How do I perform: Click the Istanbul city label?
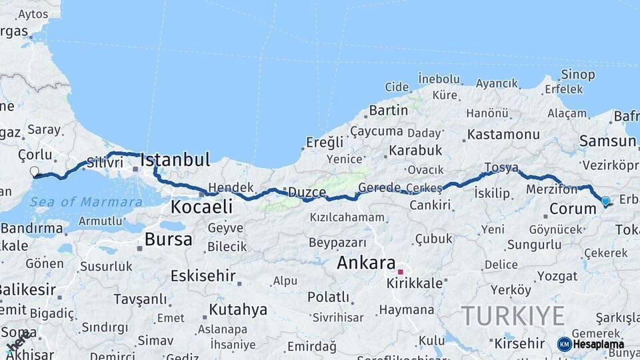175,160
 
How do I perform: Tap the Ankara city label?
366,263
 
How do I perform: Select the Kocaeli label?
201,207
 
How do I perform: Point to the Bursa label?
168,239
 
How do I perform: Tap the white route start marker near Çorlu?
34,172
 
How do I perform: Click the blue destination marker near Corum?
605,201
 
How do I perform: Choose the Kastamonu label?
503,135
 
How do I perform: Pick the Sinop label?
577,75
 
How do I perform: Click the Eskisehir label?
203,275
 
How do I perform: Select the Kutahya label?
238,309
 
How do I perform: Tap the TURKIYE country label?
513,315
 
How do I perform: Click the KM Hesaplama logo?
591,344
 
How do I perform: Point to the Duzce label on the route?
307,193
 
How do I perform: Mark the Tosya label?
501,167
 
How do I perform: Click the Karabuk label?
415,150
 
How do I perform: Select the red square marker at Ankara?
400,272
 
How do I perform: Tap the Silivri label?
105,162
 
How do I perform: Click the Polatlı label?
328,297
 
